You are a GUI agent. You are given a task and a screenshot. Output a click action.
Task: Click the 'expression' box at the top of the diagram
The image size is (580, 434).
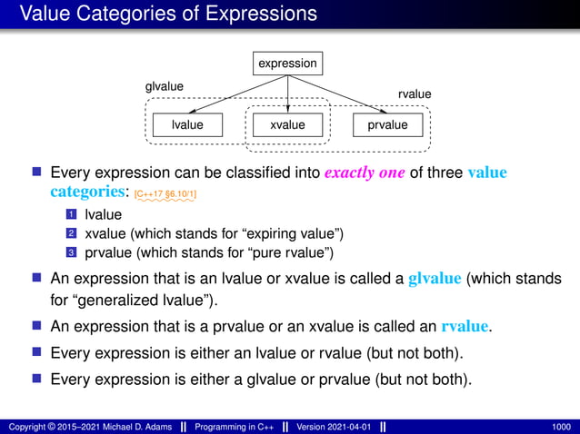click(287, 64)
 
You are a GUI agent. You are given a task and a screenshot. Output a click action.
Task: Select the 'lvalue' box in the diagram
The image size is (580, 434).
click(187, 124)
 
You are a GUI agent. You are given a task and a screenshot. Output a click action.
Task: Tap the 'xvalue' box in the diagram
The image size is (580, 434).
click(287, 124)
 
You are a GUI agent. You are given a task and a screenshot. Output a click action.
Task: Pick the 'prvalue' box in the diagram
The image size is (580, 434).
click(387, 124)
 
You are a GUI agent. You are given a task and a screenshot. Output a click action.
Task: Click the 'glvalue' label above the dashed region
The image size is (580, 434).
click(165, 86)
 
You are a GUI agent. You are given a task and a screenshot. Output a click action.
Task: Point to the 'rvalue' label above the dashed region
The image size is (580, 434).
click(415, 94)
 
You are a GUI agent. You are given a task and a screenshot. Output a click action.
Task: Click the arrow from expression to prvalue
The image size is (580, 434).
click(338, 94)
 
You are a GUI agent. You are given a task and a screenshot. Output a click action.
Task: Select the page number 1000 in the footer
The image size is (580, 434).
click(561, 426)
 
